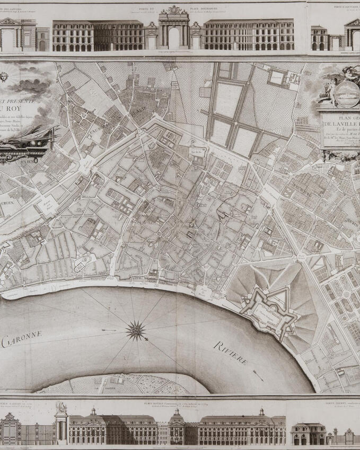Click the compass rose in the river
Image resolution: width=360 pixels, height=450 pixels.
tap(136, 331)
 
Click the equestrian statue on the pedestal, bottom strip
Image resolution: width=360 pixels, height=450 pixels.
tap(62, 408)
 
